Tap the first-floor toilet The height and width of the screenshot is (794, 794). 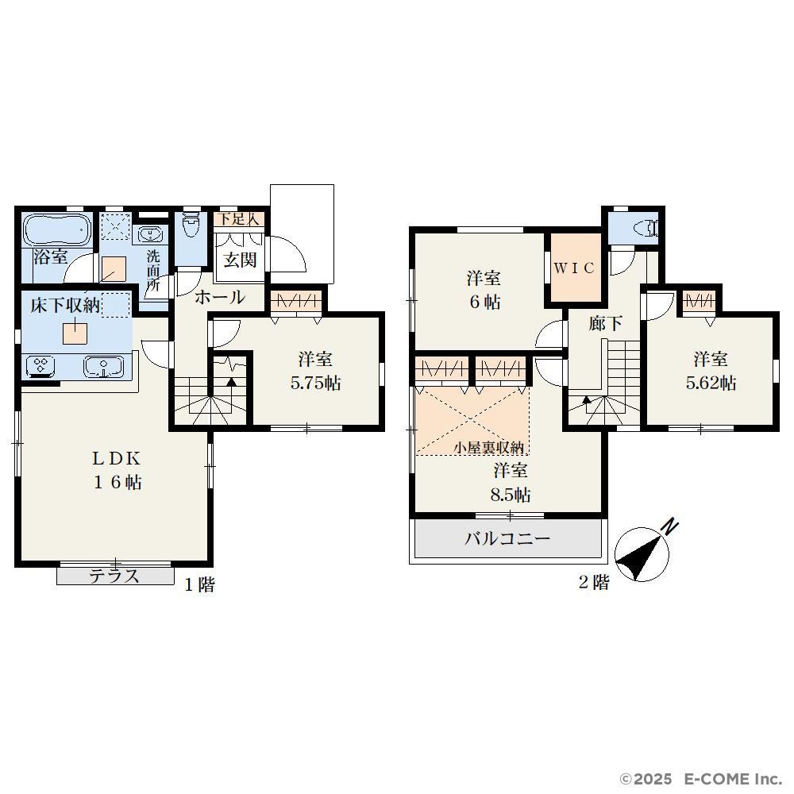(191, 225)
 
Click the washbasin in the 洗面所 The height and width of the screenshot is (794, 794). (149, 234)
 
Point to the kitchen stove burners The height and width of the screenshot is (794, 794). (43, 366)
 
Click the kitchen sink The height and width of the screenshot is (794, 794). (104, 367)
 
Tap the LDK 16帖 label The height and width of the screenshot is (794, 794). (117, 470)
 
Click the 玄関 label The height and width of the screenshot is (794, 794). (240, 260)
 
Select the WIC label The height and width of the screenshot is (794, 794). (574, 268)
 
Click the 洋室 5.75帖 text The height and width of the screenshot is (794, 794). (315, 371)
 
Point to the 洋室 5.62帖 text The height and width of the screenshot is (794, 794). (711, 371)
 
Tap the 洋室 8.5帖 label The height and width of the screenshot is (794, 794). (511, 482)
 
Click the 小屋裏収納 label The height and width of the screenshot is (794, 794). (488, 448)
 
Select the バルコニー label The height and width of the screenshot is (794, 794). (507, 538)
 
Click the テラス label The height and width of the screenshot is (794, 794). (114, 576)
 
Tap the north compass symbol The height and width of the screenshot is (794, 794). (643, 552)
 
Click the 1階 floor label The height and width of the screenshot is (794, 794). (199, 585)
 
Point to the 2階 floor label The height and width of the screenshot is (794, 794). (594, 582)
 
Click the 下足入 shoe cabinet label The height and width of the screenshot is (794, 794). (238, 219)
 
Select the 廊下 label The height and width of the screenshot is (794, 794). (606, 323)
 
